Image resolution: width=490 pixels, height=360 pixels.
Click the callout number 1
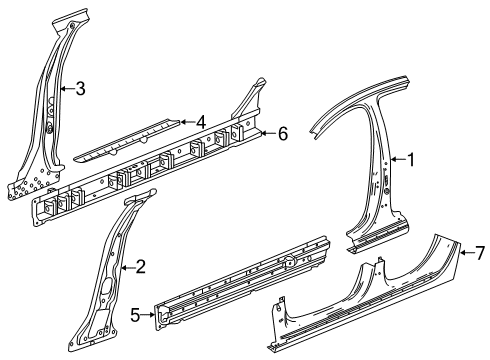coord(409,158)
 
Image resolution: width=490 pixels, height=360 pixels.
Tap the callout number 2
coord(141,266)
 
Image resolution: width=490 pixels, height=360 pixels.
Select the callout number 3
coord(80,89)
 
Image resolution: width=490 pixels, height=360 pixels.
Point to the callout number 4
coord(201,121)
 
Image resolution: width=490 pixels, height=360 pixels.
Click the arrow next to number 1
coord(394,158)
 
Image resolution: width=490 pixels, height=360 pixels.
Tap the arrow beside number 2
coord(126,266)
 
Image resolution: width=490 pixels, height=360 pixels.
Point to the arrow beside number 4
coord(186,122)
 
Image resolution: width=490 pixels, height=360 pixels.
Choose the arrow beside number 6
coord(267,133)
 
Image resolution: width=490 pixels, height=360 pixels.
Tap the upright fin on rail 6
coord(253,92)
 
